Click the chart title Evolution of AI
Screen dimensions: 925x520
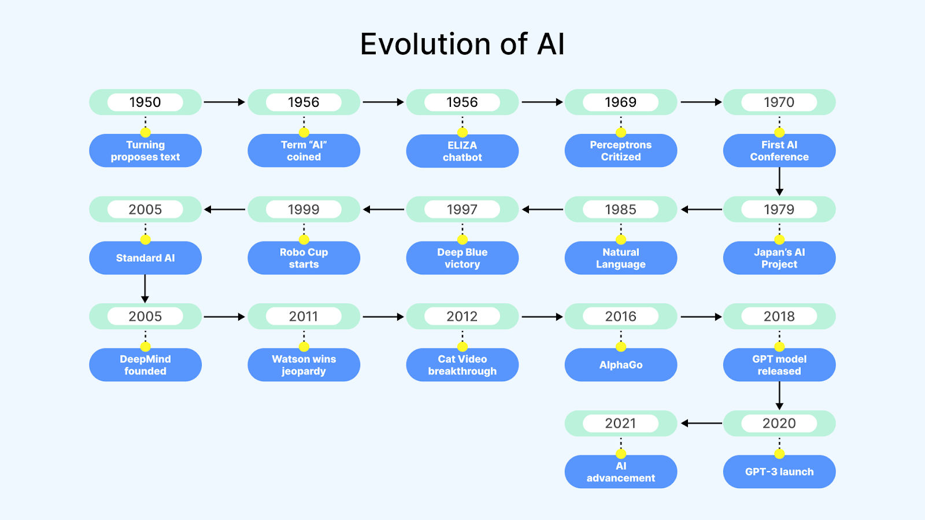(462, 44)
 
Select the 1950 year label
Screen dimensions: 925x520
(145, 102)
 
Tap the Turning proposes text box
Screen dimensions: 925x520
(145, 151)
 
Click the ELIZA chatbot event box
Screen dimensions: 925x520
(462, 151)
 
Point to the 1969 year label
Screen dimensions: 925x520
(621, 102)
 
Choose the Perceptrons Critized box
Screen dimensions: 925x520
(621, 151)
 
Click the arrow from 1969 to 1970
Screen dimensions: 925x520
(701, 102)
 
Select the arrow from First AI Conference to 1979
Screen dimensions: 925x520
(779, 181)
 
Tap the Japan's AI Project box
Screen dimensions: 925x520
(779, 258)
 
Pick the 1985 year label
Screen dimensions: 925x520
(621, 209)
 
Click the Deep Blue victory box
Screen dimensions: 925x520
(462, 258)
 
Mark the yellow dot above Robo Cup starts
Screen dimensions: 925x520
(304, 239)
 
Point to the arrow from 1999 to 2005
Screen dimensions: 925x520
(225, 210)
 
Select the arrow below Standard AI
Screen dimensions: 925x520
(145, 288)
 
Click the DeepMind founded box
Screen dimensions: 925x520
(145, 365)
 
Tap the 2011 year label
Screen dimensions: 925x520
(304, 316)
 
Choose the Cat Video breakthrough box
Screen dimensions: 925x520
(462, 365)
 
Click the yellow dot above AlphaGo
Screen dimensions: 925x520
(621, 347)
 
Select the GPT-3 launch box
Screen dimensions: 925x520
(779, 471)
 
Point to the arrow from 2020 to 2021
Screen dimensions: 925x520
(701, 424)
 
